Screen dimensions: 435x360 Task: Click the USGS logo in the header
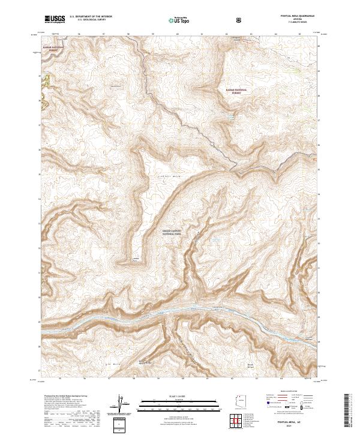55,19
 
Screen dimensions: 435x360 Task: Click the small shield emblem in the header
239,20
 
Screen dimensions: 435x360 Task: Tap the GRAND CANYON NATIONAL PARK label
172,232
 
